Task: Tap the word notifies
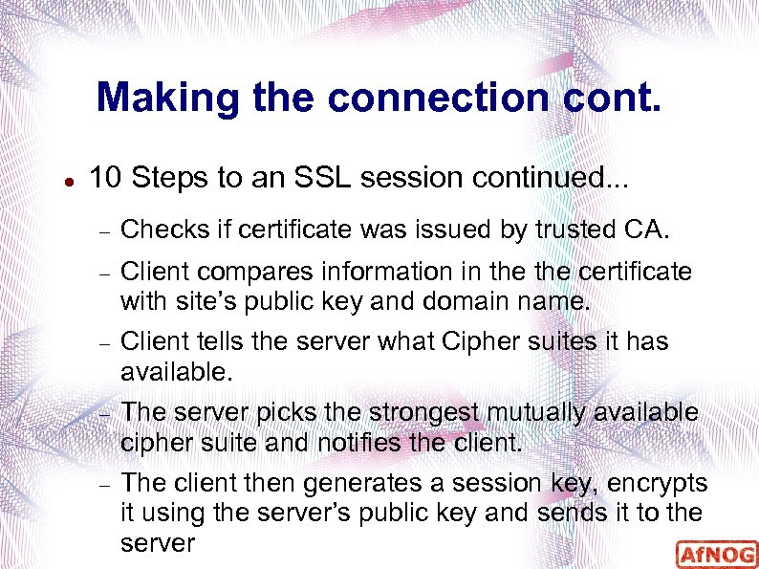tap(368, 442)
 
